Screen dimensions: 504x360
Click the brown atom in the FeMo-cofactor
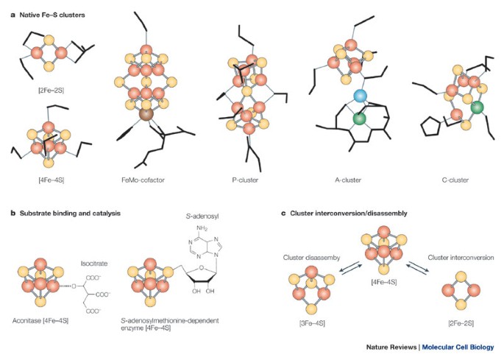click(x=146, y=115)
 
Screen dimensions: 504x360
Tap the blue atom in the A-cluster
click(x=360, y=96)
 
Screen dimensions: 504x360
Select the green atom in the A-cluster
click(x=359, y=119)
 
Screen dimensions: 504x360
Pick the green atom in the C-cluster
click(x=477, y=107)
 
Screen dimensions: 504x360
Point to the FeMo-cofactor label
click(x=143, y=180)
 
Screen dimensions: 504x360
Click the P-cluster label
click(x=245, y=180)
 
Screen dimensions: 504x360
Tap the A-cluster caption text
click(x=348, y=180)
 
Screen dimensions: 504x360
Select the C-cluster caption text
click(x=455, y=180)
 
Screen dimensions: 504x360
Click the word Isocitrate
click(x=94, y=264)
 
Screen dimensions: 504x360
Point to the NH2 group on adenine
click(x=202, y=228)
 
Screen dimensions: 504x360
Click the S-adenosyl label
click(x=202, y=216)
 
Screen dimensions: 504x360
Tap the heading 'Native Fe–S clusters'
click(x=52, y=15)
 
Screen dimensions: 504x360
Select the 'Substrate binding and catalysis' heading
click(x=70, y=213)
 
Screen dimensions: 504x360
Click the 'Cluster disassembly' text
click(x=311, y=258)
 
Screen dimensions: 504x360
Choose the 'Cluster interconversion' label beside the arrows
click(x=461, y=258)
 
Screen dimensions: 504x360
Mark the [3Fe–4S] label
click(x=312, y=323)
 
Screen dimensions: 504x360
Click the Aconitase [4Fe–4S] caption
click(x=40, y=321)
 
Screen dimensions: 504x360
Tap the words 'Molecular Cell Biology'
click(x=458, y=347)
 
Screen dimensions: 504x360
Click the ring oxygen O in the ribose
click(x=201, y=267)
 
